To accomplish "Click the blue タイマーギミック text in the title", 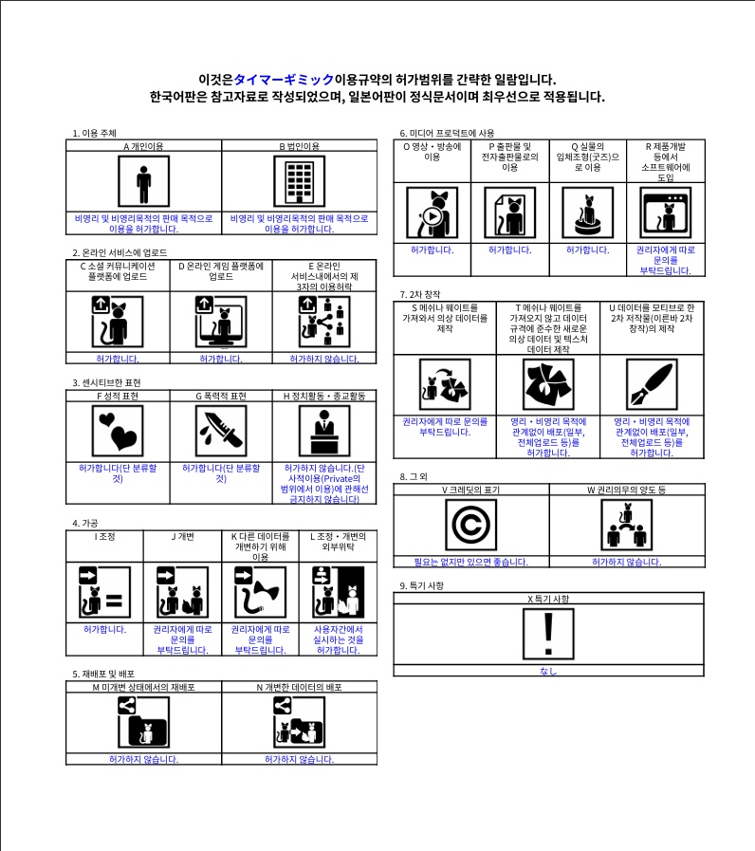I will (284, 80).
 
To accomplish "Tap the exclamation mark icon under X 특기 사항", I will (548, 634).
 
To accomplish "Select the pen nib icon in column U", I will (652, 384).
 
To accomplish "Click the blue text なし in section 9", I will (548, 671).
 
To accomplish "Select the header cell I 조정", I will (104, 536).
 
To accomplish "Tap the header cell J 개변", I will (182, 536).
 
